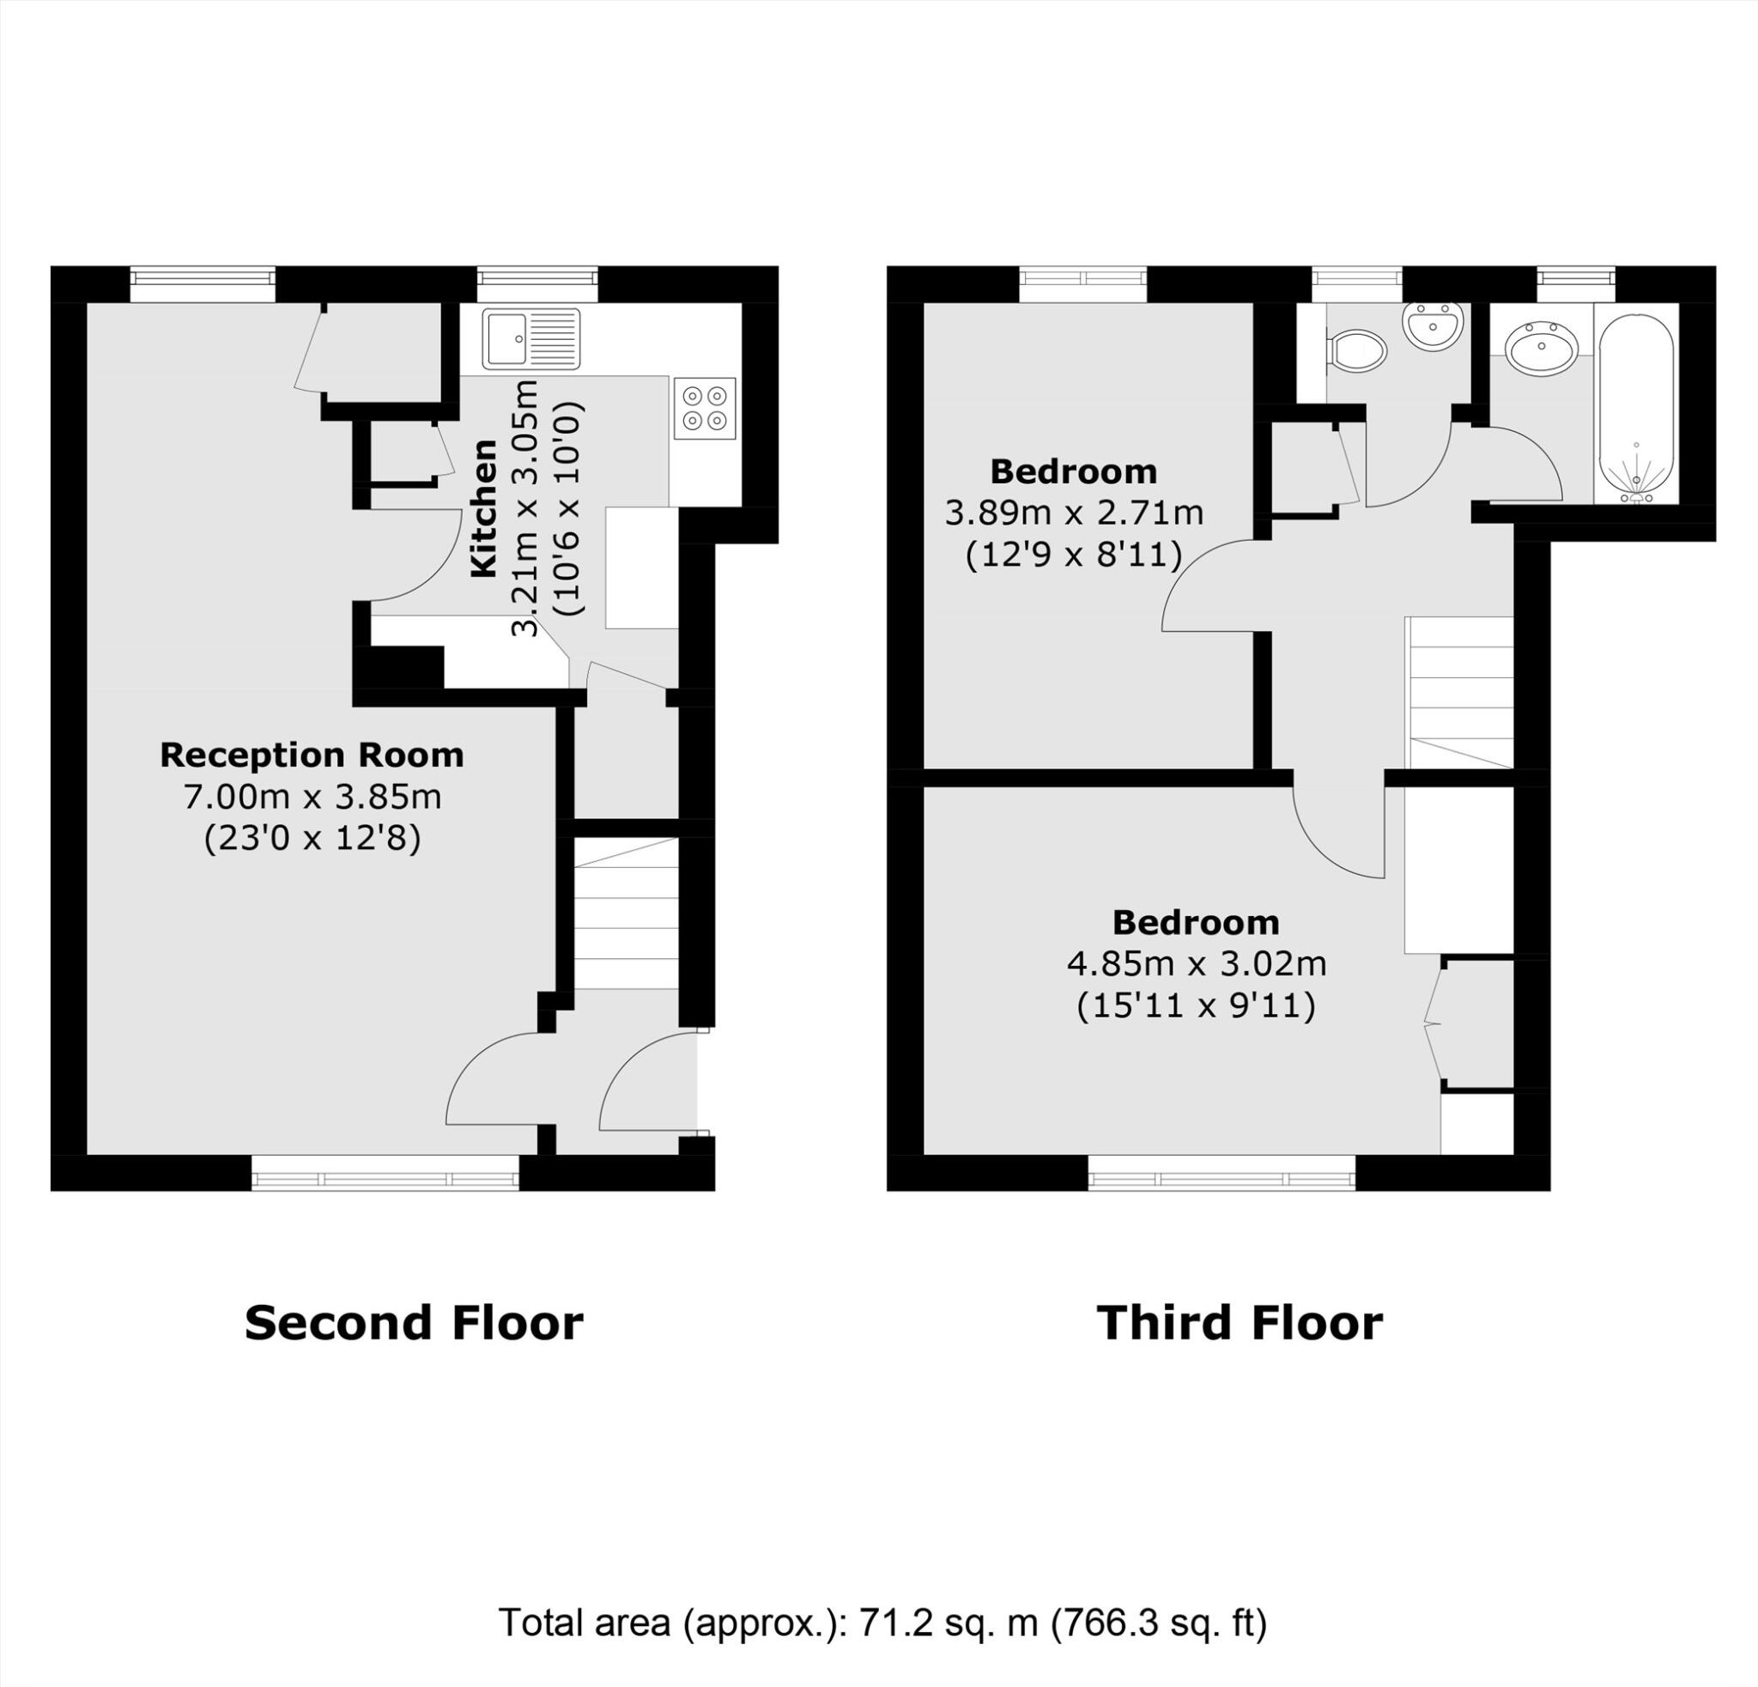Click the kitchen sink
[x=531, y=339]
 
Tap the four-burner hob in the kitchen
[x=704, y=408]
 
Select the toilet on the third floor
[x=1356, y=349]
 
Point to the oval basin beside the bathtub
[x=1541, y=347]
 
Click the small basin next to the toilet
[x=1434, y=325]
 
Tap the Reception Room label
[x=312, y=756]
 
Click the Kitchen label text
[x=484, y=507]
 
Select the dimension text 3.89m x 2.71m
[x=1074, y=513]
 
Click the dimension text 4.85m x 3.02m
[x=1196, y=964]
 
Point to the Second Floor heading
[x=414, y=1323]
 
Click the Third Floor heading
[x=1240, y=1323]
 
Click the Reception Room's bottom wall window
[x=385, y=1173]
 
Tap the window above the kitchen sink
[x=536, y=283]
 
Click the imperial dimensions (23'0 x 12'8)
[x=312, y=839]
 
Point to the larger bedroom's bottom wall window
[x=1222, y=1173]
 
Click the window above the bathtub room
[x=1576, y=283]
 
